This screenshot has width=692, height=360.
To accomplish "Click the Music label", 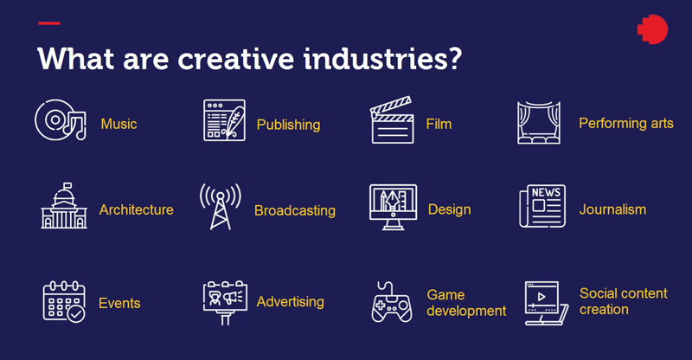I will [x=119, y=124].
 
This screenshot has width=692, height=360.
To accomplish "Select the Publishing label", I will [x=288, y=125].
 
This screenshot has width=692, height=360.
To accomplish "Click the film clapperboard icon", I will [x=391, y=122].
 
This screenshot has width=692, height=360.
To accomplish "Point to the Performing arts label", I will [x=625, y=124].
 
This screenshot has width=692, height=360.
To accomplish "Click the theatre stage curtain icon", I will [x=541, y=122].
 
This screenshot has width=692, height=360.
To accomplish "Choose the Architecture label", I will [x=136, y=209].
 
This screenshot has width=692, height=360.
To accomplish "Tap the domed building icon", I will [x=63, y=207].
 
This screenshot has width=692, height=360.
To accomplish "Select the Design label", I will [x=449, y=209].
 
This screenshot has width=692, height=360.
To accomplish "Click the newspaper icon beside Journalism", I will [x=541, y=206].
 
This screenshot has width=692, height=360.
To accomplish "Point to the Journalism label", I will [x=612, y=209].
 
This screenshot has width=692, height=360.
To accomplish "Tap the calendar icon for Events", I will [x=63, y=301].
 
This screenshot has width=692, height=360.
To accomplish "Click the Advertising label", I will [x=290, y=302].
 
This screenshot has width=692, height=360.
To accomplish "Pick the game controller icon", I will [x=392, y=302].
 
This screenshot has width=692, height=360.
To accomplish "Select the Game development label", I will [x=466, y=302].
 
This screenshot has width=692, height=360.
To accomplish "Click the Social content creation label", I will [x=623, y=301].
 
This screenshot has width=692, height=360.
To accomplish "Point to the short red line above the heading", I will [x=49, y=22].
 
